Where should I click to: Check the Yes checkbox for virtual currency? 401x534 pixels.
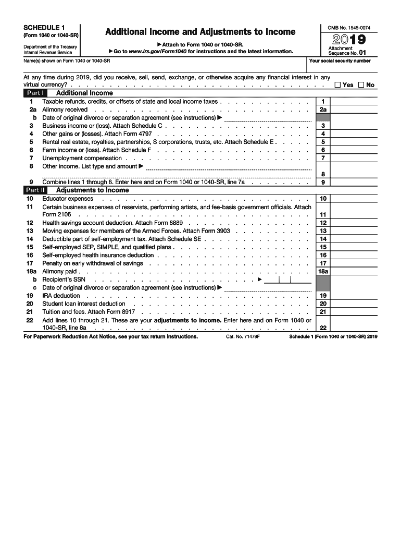[339, 85]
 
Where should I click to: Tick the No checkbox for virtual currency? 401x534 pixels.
[361, 85]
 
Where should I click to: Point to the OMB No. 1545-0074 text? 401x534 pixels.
[348, 27]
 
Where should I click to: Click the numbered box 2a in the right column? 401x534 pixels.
[323, 110]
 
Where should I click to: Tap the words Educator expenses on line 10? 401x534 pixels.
[68, 199]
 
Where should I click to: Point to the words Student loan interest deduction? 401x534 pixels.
[84, 304]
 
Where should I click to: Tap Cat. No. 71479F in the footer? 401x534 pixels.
[243, 337]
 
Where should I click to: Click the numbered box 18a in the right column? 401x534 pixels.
[323, 272]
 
